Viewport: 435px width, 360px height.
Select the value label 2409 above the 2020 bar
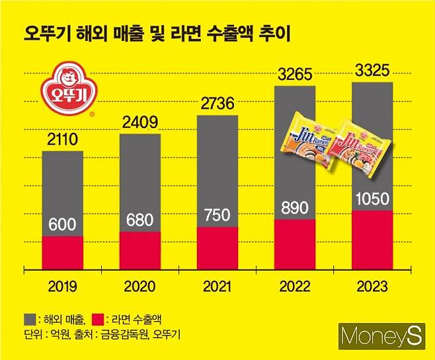click(x=139, y=122)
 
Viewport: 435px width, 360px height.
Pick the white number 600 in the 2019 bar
click(x=63, y=225)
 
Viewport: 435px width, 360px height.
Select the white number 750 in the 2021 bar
click(x=217, y=215)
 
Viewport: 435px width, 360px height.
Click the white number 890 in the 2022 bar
click(x=294, y=207)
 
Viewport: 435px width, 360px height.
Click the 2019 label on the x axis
click(x=63, y=286)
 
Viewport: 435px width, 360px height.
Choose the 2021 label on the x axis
click(x=217, y=286)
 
